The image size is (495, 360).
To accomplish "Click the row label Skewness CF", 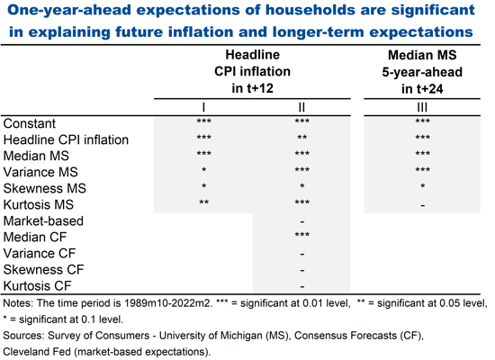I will click(x=44, y=269).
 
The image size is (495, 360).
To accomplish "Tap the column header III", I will click(x=417, y=107).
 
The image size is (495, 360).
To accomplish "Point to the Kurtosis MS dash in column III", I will click(x=417, y=205).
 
